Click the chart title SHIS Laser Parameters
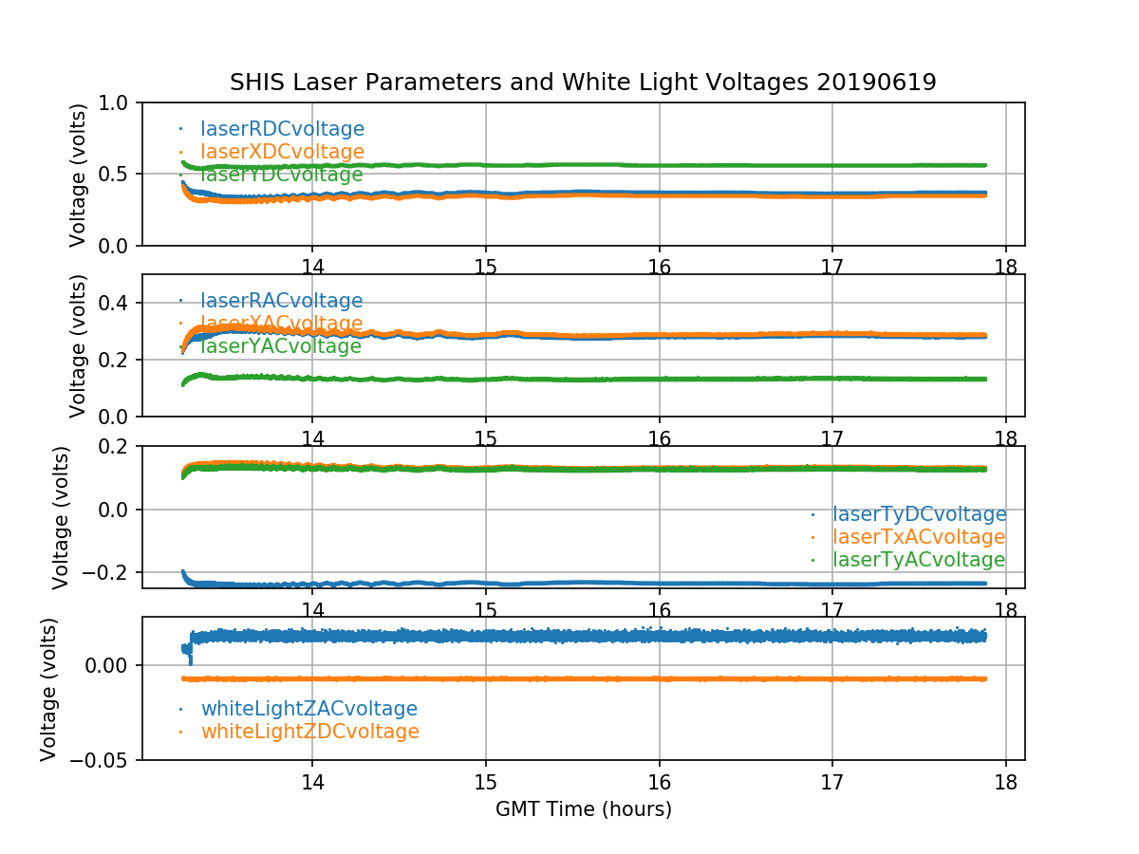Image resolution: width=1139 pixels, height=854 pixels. (583, 83)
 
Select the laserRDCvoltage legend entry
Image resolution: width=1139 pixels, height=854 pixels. (282, 129)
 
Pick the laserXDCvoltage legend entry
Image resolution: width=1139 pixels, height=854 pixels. (282, 152)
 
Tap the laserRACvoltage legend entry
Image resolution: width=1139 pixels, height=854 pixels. (281, 301)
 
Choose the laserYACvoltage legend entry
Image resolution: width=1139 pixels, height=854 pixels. (281, 346)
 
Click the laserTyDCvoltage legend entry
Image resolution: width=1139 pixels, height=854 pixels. (919, 514)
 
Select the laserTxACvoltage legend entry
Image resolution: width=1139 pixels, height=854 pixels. (919, 537)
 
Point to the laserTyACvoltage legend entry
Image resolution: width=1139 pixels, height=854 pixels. (919, 560)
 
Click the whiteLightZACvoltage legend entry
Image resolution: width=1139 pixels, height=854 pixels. (308, 709)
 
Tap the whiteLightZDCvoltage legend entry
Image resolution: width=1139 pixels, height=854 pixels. (309, 732)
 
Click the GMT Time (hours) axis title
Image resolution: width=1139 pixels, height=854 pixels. (584, 809)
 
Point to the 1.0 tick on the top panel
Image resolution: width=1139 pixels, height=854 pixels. (120, 102)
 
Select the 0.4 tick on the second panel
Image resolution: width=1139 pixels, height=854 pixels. (120, 303)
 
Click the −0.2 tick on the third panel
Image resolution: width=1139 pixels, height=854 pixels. (112, 572)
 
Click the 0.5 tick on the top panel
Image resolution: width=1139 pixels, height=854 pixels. (120, 174)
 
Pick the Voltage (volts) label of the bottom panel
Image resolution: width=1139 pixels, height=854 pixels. (49, 689)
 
